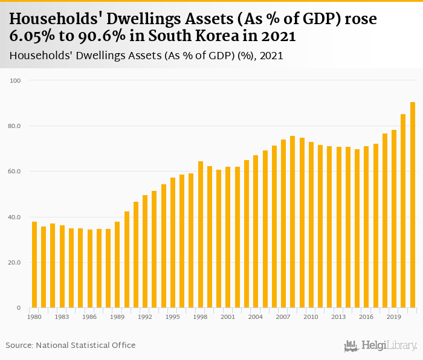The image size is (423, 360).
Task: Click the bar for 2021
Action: coord(413,205)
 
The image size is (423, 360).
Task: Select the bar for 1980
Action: coord(34,265)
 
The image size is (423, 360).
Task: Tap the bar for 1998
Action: coord(201,235)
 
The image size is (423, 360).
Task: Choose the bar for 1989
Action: coord(117,265)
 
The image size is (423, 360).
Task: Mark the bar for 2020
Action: coord(404,211)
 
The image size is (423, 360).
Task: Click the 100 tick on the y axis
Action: coord(15,80)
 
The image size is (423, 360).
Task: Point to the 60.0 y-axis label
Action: coord(14,172)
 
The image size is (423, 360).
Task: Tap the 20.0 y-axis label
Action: coord(14,263)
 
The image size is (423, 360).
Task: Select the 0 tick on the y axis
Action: coord(18,308)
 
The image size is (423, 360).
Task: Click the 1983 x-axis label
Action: coord(62,317)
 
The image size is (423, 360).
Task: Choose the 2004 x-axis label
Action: coord(256,317)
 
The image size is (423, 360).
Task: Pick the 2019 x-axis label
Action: coord(394,317)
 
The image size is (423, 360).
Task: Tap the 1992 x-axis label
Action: coord(145,317)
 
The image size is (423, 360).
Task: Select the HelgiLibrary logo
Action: coord(381,346)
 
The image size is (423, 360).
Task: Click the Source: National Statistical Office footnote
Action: coord(71,345)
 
